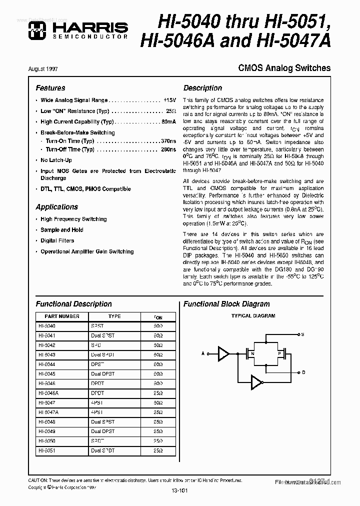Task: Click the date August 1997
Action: click(49, 68)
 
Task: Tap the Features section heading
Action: click(50, 88)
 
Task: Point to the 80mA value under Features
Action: click(168, 121)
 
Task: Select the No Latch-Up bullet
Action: click(56, 160)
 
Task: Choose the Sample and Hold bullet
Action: click(62, 230)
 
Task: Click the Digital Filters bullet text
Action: click(57, 241)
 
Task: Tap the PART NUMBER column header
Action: click(61, 316)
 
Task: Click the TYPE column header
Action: click(114, 316)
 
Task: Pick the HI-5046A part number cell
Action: click(48, 393)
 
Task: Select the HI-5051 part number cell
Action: click(46, 450)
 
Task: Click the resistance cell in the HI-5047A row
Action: click(158, 412)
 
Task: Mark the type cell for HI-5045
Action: click(103, 374)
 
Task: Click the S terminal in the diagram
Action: click(302, 333)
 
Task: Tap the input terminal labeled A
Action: click(203, 353)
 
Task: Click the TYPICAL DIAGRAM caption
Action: click(253, 316)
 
